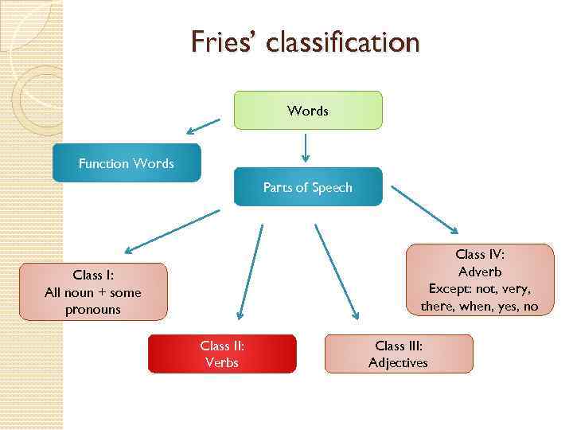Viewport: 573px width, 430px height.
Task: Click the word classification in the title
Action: (342, 41)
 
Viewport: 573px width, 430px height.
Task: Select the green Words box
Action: (307, 111)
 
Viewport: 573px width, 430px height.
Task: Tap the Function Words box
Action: (127, 163)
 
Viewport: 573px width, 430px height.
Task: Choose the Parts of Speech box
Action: (307, 187)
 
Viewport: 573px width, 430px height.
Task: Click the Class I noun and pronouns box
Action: (93, 292)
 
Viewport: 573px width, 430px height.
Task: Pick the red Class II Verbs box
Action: (221, 354)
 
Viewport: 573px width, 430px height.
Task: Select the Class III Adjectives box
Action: (398, 354)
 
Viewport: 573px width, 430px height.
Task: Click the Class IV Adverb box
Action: (480, 280)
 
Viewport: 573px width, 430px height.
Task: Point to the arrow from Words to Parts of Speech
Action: (306, 147)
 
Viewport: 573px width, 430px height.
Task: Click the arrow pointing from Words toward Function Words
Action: (203, 126)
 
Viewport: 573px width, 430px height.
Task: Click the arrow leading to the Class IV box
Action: (423, 211)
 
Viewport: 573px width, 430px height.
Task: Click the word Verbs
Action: (221, 363)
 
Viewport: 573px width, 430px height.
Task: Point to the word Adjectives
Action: (398, 363)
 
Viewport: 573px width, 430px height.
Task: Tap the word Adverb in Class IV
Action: (480, 272)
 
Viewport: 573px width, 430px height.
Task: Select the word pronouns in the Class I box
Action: (93, 309)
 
